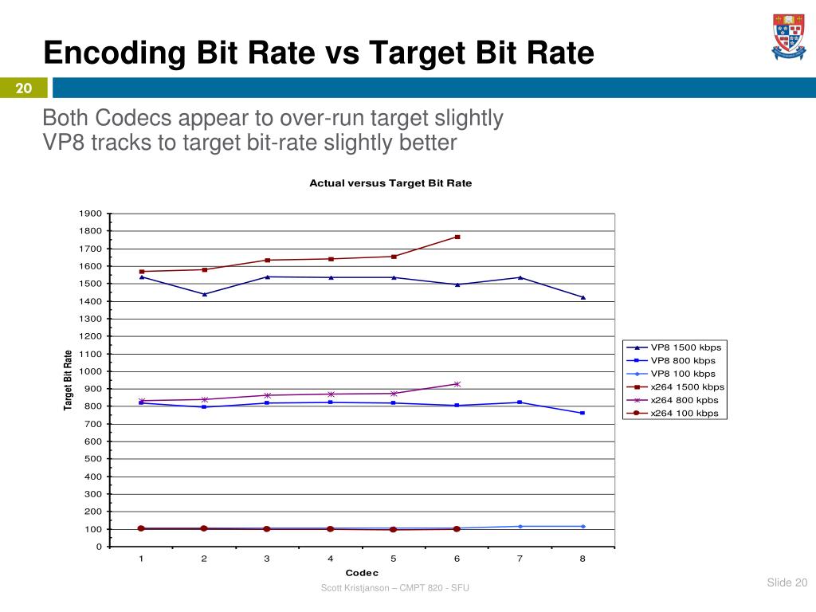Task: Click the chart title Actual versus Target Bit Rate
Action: pos(390,183)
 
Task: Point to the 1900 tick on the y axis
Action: pos(90,214)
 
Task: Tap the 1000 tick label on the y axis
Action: pos(90,371)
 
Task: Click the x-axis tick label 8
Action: pos(583,559)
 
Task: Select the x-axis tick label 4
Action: pos(330,559)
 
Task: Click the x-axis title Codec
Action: pos(362,573)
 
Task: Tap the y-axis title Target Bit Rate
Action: pos(69,380)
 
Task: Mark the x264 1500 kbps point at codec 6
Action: pos(457,237)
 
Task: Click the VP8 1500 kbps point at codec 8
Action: pos(583,297)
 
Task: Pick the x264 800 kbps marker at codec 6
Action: pos(457,384)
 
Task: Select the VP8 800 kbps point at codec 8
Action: pos(583,413)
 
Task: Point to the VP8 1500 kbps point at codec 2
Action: pos(205,294)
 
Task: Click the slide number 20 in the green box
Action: pos(24,88)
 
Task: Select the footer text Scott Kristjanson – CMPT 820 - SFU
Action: pos(394,588)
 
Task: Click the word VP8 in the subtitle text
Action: pos(64,143)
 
